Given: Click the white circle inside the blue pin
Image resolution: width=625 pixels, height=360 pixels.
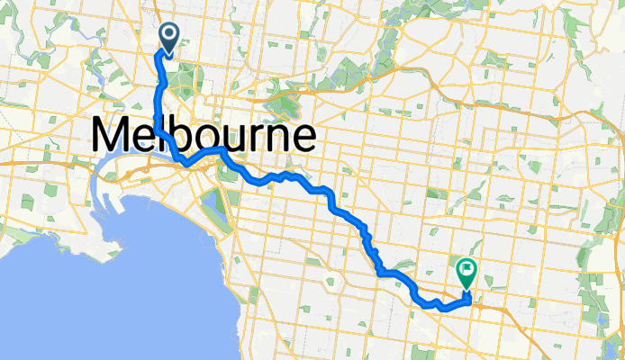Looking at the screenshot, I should point(168,34).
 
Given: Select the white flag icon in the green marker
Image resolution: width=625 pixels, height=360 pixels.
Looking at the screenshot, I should point(466,267).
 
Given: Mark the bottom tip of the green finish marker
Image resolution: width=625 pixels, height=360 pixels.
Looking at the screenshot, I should point(466,290).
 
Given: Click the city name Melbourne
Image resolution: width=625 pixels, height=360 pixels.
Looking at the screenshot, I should point(204,137).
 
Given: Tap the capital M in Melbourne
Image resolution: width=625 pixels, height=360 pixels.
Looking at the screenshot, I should point(111,137).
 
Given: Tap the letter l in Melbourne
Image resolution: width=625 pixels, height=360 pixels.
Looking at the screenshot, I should point(162,135).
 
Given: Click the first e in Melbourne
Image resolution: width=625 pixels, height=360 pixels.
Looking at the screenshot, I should point(145,139).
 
